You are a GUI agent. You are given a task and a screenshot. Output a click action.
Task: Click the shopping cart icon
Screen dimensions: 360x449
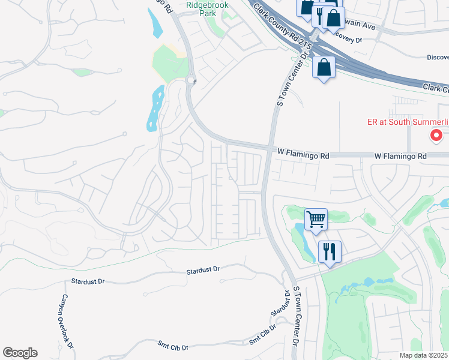pos(316,219)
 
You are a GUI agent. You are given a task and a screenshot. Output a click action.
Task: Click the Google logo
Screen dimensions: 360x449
pos(20,353)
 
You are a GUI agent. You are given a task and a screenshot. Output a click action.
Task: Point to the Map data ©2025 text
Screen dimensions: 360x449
pos(424,355)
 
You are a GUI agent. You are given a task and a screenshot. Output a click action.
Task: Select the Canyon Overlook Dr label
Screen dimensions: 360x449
pos(67,322)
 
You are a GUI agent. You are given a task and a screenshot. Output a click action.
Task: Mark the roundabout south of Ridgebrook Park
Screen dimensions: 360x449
pos(191,80)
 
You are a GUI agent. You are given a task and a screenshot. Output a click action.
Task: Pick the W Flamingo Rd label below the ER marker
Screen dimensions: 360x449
pos(400,156)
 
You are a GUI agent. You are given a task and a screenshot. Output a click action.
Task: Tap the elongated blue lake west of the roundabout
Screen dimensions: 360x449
pos(154,108)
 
